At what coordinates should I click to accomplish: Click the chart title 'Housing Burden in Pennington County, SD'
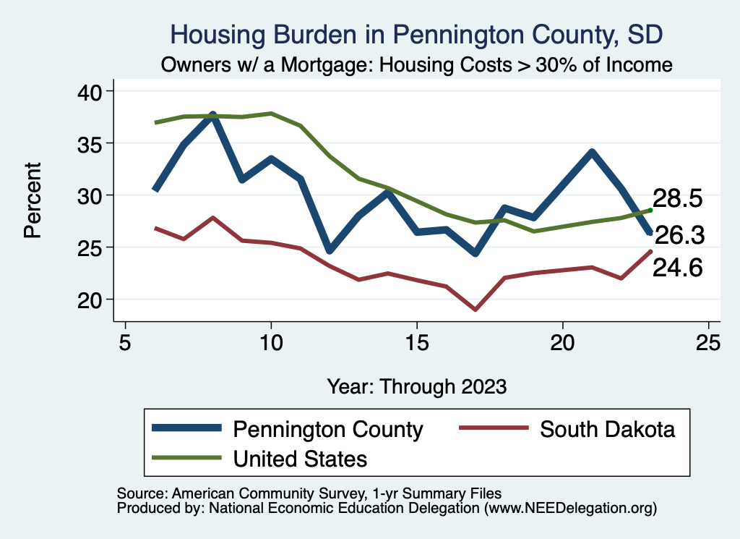coord(416,34)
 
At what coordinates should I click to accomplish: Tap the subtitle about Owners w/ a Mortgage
coord(417,64)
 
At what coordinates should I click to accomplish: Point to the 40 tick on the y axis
coord(93,91)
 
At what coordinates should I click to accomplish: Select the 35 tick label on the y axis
coord(93,143)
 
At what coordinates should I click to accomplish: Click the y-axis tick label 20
coord(93,300)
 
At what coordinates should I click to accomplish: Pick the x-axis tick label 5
coord(125,342)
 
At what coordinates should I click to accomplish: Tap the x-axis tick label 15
coord(416,342)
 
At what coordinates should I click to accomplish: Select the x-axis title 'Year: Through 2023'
coord(416,386)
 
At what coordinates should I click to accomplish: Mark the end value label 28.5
coord(678,198)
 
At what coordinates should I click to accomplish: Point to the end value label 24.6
coord(678,268)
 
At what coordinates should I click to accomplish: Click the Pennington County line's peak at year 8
coord(212,115)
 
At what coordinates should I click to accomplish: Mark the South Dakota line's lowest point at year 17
coord(475,310)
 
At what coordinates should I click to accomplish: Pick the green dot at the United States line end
coord(650,210)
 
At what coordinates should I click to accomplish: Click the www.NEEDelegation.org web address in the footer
coord(570,508)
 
